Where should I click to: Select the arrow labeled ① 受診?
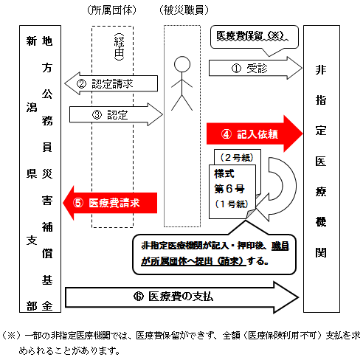[255, 68]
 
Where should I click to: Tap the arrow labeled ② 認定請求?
[111, 83]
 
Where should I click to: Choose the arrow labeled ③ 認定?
[114, 114]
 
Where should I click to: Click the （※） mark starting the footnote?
[13, 334]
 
